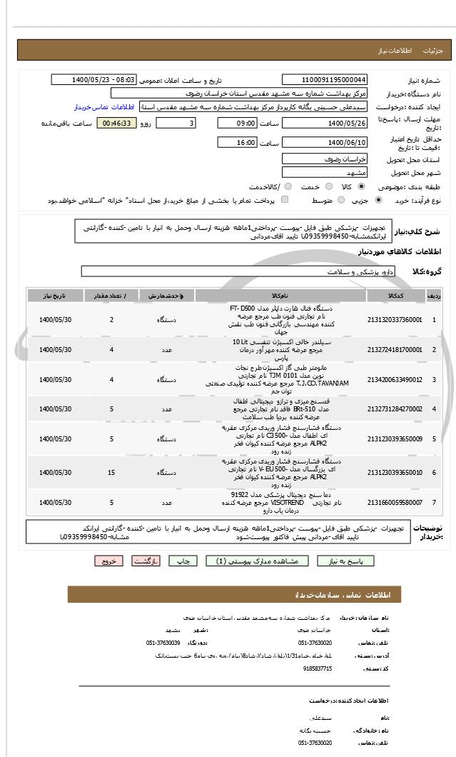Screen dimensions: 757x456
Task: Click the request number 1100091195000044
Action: [x=325, y=80]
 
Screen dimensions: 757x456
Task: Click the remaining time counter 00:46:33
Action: [x=115, y=124]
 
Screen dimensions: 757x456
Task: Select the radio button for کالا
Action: [x=361, y=187]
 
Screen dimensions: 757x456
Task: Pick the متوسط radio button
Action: [x=340, y=201]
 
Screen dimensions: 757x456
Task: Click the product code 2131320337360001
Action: [x=395, y=320]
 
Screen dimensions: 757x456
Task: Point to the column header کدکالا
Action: [x=395, y=295]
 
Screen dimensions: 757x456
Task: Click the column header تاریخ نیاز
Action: [x=55, y=295]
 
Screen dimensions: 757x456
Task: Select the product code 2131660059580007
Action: [x=395, y=503]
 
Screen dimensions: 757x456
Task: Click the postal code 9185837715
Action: [x=316, y=668]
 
